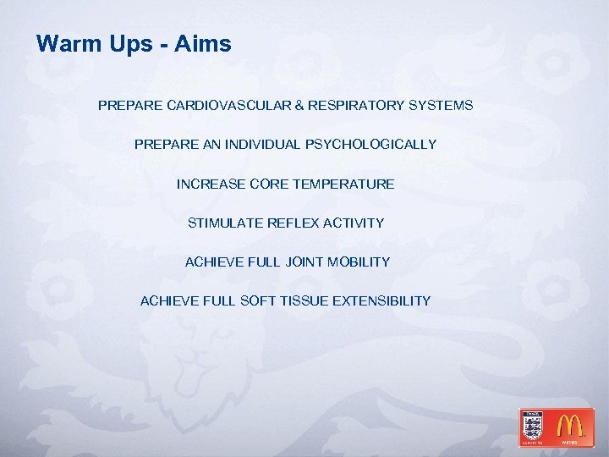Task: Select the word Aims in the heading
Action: click(203, 44)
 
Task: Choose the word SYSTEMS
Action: click(441, 106)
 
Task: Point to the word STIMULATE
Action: click(225, 223)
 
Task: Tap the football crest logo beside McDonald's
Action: click(533, 427)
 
